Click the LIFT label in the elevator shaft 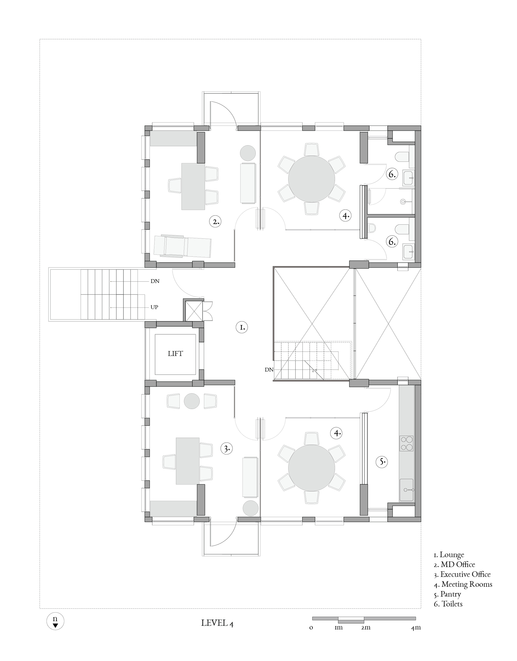175,354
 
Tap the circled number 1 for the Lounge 242,327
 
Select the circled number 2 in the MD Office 215,222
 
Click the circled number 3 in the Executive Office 227,448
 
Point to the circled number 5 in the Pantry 382,461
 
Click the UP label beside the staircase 154,307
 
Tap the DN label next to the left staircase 155,281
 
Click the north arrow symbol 55,621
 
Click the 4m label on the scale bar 416,628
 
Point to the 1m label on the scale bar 338,628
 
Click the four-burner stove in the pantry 406,443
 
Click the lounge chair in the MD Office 182,246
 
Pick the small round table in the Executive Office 192,401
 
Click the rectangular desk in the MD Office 193,186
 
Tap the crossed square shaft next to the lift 194,311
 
